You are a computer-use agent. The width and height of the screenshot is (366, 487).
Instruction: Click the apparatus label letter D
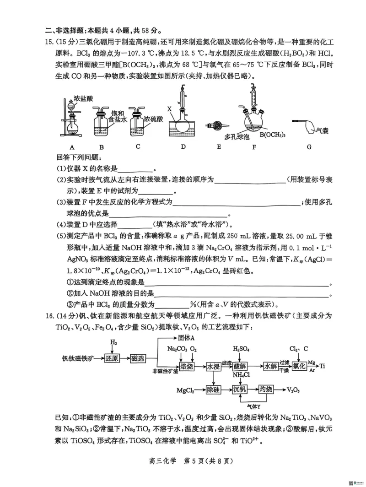point(183,147)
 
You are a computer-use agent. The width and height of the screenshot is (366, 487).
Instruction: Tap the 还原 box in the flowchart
point(111,358)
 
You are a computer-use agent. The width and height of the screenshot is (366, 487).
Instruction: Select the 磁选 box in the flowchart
point(137,358)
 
